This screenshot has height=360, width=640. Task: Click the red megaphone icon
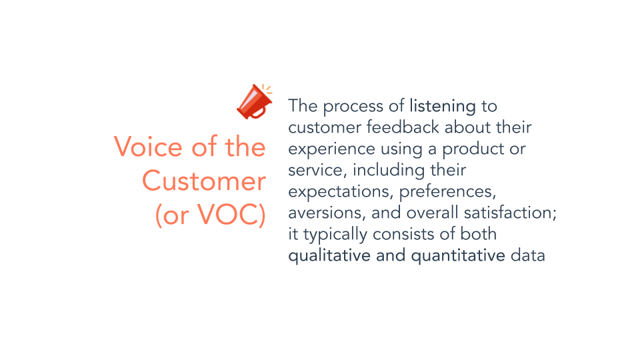[x=254, y=102]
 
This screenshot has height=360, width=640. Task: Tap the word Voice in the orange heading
[x=148, y=147]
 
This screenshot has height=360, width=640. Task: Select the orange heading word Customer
[x=204, y=181]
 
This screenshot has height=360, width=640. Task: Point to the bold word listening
[x=443, y=107]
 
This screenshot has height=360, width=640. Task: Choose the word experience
[x=331, y=149]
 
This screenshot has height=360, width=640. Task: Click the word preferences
[x=447, y=192]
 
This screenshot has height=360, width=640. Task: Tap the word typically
[x=335, y=235]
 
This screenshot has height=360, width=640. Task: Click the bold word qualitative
[x=329, y=256]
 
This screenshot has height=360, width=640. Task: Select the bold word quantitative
[x=458, y=256]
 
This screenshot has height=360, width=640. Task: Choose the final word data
[x=528, y=256]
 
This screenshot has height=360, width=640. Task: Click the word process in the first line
[x=353, y=107]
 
